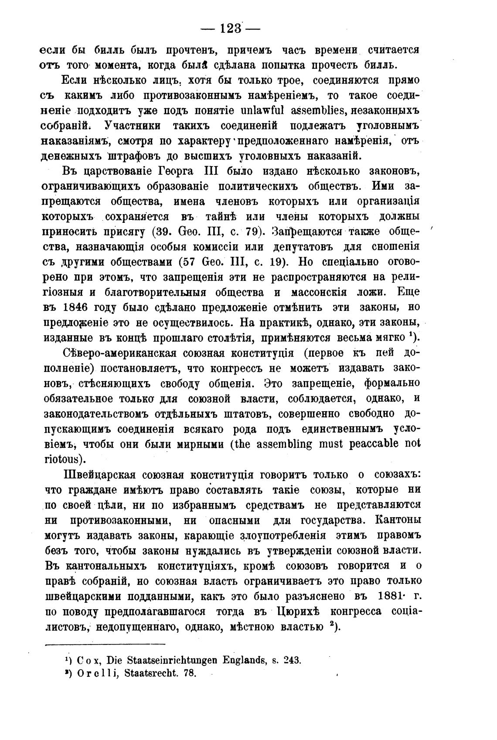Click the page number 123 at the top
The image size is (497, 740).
(x=231, y=29)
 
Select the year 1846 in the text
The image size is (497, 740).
(x=76, y=307)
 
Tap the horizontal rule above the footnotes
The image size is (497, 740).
(x=105, y=644)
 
